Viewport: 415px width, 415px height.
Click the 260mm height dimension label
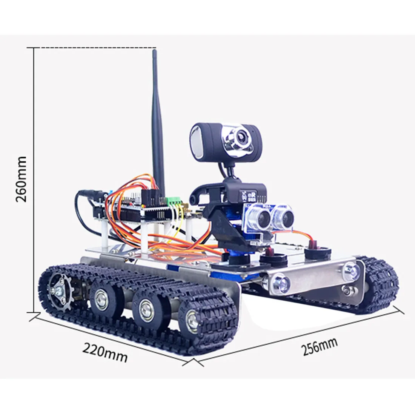point(21,179)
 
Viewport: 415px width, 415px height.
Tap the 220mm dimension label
point(105,352)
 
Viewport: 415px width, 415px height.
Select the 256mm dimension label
point(320,346)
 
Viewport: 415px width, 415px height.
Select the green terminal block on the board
point(174,201)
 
